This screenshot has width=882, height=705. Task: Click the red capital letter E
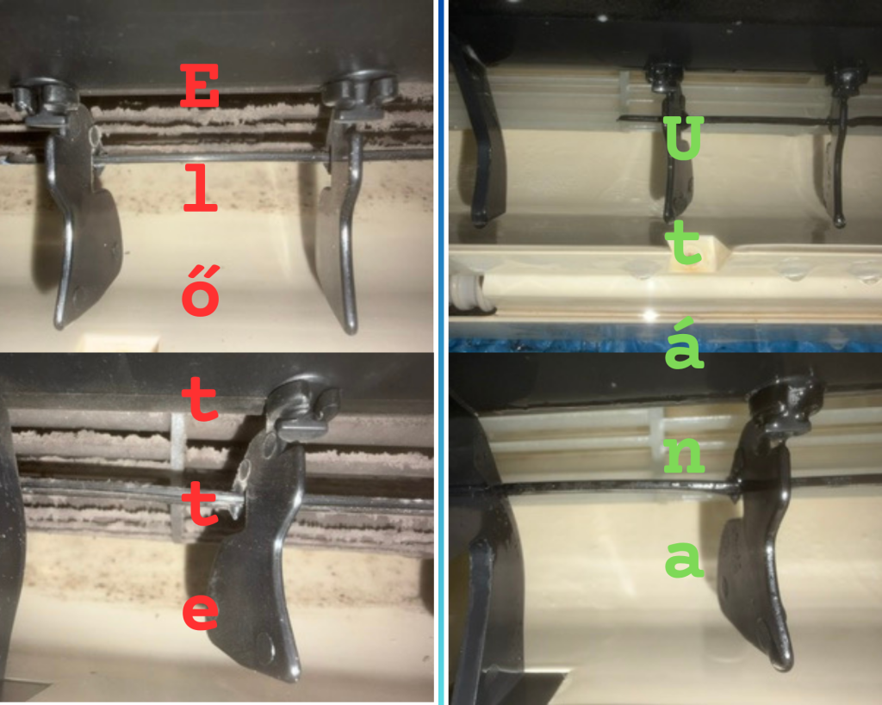coord(200,85)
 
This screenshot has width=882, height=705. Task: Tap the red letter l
coord(200,190)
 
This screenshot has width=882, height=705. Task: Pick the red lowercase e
coord(201,611)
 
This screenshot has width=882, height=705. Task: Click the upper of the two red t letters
coord(201,399)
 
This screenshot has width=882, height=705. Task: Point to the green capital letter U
coord(683,138)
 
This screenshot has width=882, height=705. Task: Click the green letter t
coord(684,243)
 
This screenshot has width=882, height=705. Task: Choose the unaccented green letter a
coord(685,560)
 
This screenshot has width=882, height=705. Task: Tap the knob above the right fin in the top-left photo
coord(360,89)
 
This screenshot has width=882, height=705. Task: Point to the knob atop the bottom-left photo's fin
coord(301,403)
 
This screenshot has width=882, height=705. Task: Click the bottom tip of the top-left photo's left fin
coord(59,323)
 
